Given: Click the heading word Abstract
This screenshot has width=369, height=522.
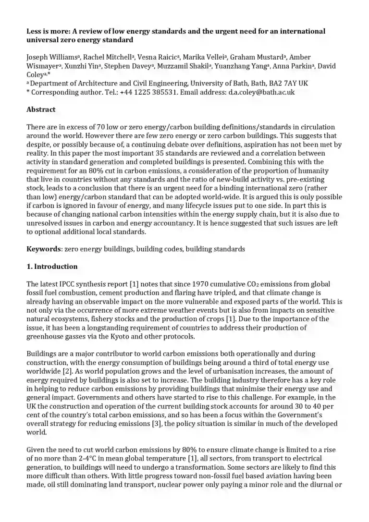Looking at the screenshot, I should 41,109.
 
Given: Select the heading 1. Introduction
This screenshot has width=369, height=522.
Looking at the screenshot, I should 52,267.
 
